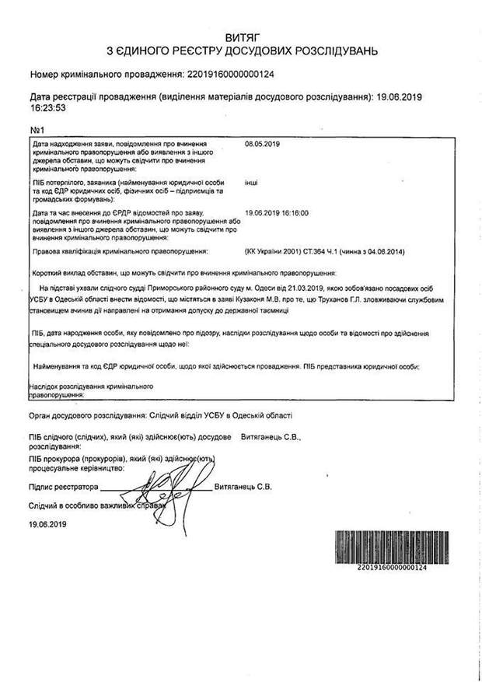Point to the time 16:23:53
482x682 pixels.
pos(47,109)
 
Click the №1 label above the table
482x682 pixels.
pos(39,128)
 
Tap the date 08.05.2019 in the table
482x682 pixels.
pos(261,145)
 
